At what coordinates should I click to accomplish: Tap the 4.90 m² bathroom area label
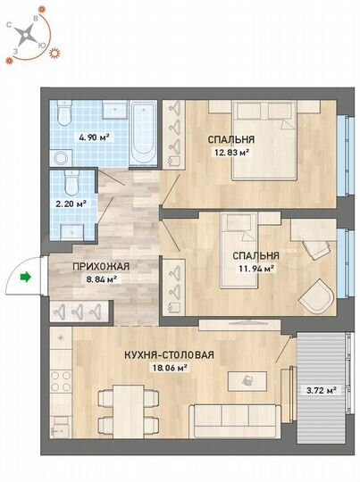94,137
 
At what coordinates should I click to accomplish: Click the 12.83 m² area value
230,152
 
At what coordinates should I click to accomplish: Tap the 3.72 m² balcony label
322,390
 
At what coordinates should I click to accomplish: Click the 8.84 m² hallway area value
101,278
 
